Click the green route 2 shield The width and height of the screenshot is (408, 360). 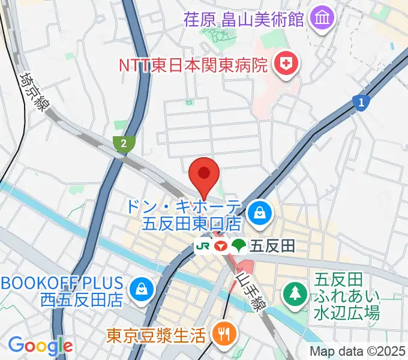(x=123, y=143)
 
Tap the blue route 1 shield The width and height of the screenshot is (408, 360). (x=361, y=103)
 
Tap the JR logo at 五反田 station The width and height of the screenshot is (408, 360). (x=203, y=245)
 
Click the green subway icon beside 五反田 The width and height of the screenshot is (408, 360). (x=239, y=245)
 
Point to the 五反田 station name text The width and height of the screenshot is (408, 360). (x=265, y=245)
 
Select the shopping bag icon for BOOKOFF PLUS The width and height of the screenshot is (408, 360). (x=142, y=289)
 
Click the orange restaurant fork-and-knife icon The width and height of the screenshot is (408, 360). (x=225, y=334)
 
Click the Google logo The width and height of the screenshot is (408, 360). (x=40, y=345)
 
